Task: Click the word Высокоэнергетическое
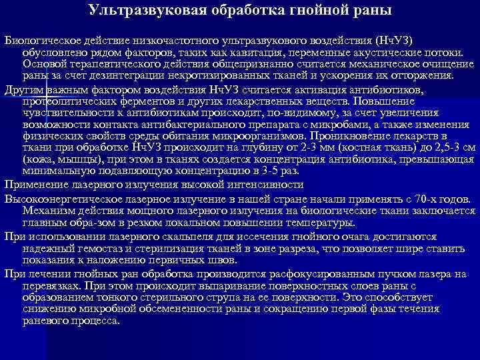(65, 199)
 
